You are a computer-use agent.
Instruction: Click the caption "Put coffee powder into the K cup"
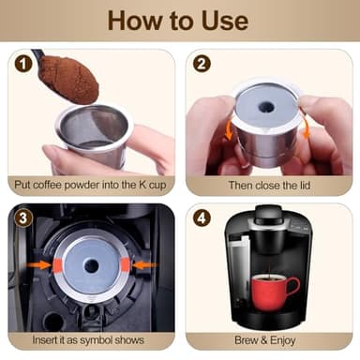tap(91, 185)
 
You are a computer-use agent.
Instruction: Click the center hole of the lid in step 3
tap(91, 265)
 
